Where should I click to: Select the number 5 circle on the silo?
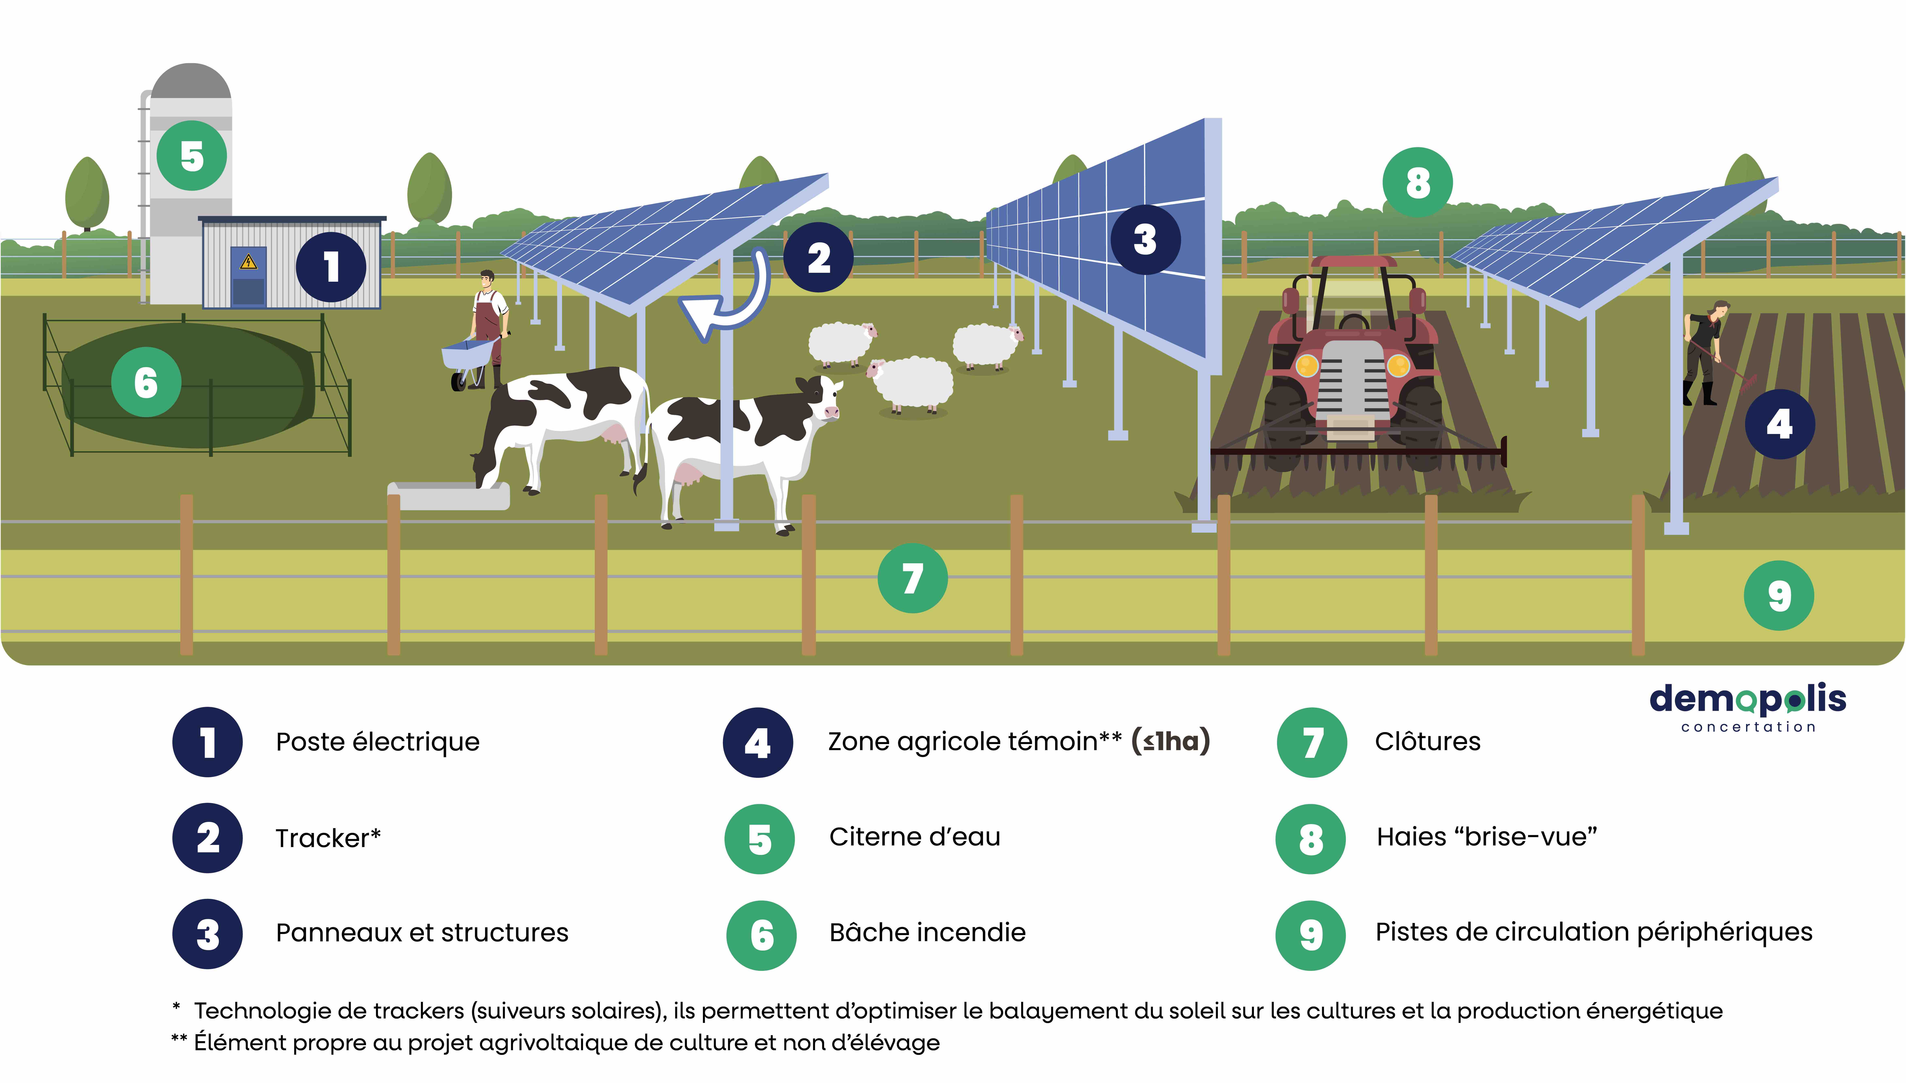click(x=192, y=156)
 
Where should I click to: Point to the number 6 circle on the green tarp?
click(x=146, y=382)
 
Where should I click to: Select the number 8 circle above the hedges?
click(x=1417, y=182)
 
